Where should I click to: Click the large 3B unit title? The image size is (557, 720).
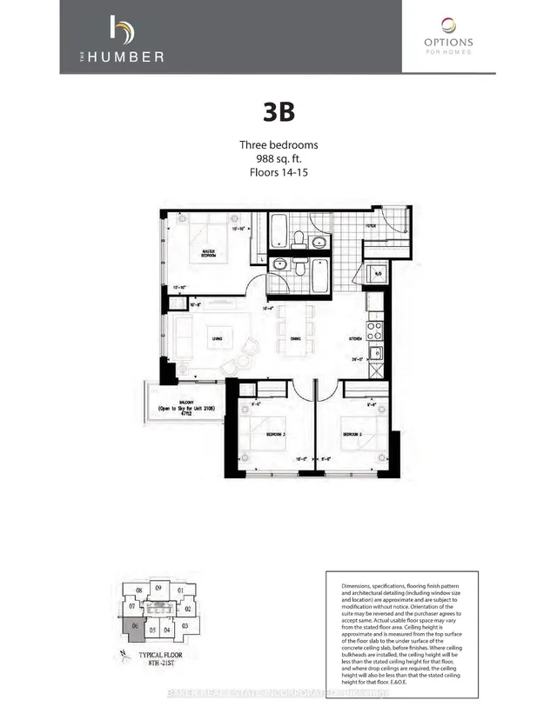click(278, 113)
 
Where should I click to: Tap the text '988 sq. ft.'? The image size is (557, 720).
click(278, 159)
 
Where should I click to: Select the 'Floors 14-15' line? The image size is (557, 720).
click(278, 173)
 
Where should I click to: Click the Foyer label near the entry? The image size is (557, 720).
click(370, 225)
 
